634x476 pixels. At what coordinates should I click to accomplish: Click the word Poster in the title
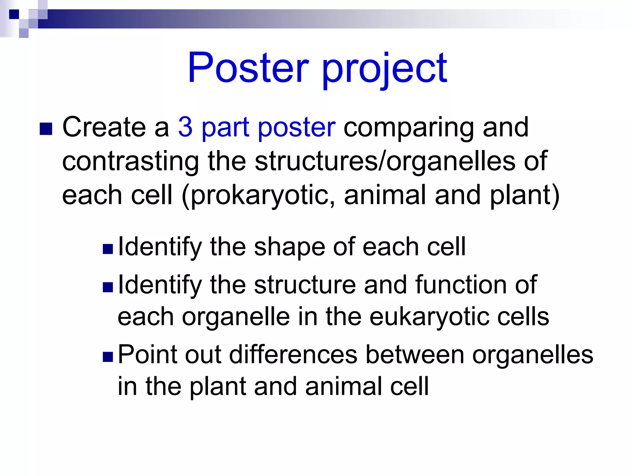point(248,68)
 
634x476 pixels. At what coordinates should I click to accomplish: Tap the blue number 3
point(185,127)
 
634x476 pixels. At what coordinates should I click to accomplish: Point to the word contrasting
point(130,161)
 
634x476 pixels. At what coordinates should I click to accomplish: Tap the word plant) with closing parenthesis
point(524,195)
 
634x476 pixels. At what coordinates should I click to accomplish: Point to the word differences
point(293,354)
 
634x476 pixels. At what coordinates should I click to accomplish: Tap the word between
point(415,354)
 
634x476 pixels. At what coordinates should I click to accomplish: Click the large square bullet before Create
point(46,129)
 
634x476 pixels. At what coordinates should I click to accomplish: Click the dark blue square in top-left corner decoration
point(14,14)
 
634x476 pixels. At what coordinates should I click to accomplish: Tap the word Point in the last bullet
point(148,354)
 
